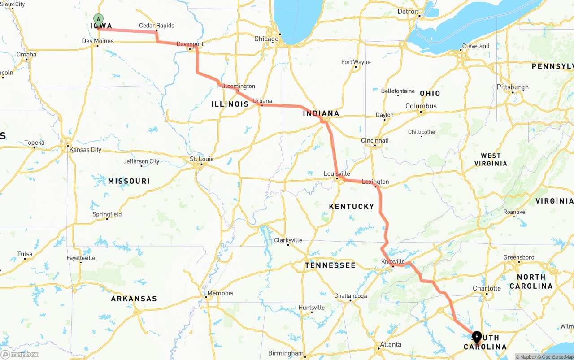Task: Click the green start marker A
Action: [x=98, y=19]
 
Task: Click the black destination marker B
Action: [x=477, y=336]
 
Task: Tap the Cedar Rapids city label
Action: [x=157, y=26]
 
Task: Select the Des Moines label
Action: [x=98, y=41]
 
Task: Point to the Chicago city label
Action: [x=266, y=39]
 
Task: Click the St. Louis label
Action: [x=201, y=159]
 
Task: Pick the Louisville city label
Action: [x=337, y=173]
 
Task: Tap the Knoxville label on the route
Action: [x=393, y=261]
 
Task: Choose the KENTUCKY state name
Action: [x=351, y=207]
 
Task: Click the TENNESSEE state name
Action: [x=330, y=265]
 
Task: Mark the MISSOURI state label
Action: [x=129, y=181]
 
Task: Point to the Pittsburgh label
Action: [x=513, y=87]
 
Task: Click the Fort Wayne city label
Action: [x=356, y=62]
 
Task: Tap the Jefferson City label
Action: [x=141, y=161]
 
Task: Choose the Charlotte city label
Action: [x=487, y=288]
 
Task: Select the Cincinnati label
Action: [x=375, y=140]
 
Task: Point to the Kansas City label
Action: [x=85, y=150]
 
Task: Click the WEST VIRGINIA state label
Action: [x=491, y=160]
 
